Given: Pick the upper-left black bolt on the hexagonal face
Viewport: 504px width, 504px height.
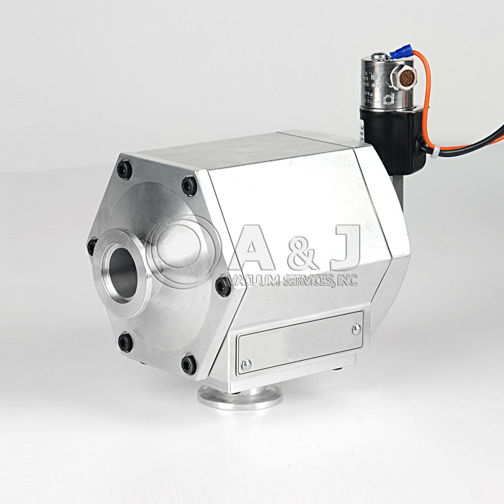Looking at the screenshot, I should click(x=125, y=170).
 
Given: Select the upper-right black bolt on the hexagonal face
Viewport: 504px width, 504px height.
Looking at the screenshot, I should click(x=189, y=186).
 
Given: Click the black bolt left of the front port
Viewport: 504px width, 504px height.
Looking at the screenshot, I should click(x=92, y=247).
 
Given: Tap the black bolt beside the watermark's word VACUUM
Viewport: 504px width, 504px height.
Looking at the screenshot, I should click(x=223, y=287).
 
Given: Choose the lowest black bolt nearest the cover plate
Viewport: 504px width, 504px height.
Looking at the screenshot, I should click(x=189, y=364).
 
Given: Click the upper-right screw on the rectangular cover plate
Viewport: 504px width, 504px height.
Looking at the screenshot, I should click(x=356, y=329).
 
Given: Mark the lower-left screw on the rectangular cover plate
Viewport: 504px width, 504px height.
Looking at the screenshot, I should click(x=246, y=365).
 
